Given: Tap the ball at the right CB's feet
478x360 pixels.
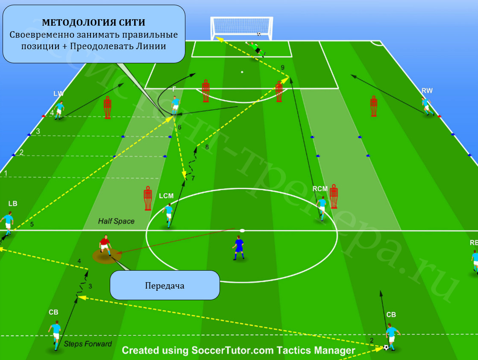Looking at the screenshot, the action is click(386, 347).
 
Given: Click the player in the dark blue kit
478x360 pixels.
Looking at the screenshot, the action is click(239, 248).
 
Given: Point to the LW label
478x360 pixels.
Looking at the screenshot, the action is click(58, 94).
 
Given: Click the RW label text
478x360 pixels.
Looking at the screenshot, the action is click(427, 91).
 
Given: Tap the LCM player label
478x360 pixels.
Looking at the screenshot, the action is click(166, 196).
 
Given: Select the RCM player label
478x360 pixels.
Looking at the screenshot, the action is click(320, 189).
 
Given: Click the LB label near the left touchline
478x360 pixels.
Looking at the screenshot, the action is click(13, 204).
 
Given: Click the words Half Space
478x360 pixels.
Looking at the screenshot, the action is click(116, 221).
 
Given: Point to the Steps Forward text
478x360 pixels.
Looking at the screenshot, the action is click(88, 344).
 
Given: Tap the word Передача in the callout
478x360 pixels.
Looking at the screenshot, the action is click(164, 286).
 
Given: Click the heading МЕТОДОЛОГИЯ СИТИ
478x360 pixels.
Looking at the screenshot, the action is click(94, 22).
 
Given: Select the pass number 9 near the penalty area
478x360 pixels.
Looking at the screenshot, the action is click(283, 68).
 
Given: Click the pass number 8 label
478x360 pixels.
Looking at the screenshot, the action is click(207, 147).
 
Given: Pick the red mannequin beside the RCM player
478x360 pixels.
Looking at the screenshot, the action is click(334, 196).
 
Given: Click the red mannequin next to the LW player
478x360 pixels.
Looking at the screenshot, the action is click(107, 107).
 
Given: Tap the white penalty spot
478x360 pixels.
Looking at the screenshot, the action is click(242, 72).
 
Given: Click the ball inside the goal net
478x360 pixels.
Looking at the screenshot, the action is click(259, 34).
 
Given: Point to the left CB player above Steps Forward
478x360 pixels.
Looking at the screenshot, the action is click(56, 335).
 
